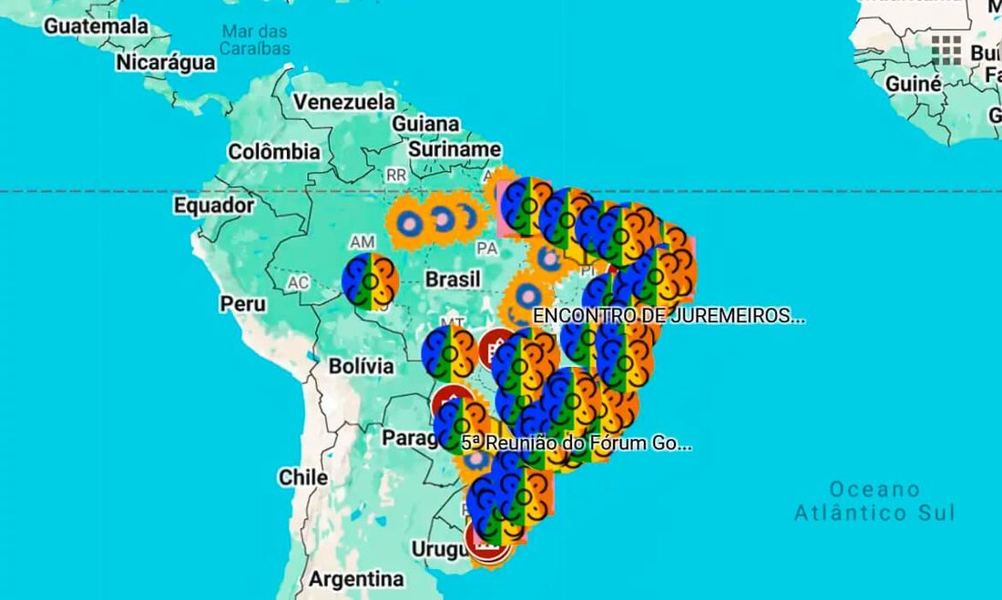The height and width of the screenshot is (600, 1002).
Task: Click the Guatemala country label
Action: pos(96,26)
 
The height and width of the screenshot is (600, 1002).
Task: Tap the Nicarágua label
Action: pos(166,63)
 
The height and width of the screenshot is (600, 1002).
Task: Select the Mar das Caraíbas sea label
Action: pos(255,39)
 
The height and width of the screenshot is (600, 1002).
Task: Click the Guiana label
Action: pos(425,124)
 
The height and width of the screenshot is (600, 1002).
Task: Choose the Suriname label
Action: pos(455,148)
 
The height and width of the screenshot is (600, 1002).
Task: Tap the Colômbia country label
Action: pos(274,152)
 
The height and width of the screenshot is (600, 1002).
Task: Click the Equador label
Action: pos(214,206)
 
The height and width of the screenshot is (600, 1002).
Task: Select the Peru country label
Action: pos(243,303)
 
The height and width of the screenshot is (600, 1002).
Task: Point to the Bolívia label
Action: pos(362,366)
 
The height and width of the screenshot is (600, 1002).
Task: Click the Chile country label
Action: pos(303,477)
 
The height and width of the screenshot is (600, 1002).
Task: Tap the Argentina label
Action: pos(356,579)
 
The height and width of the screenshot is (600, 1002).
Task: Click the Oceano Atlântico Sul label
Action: pos(874,501)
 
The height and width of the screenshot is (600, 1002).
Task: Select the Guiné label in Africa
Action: pos(914,84)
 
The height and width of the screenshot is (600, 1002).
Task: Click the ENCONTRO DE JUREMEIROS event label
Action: pos(669,316)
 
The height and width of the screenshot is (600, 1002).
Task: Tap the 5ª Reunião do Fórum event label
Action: pos(577,443)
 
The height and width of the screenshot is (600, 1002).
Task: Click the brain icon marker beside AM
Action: pos(369,282)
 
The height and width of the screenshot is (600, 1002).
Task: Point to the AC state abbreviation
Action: pos(298,282)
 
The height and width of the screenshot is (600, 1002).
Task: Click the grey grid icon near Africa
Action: pos(946,51)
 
